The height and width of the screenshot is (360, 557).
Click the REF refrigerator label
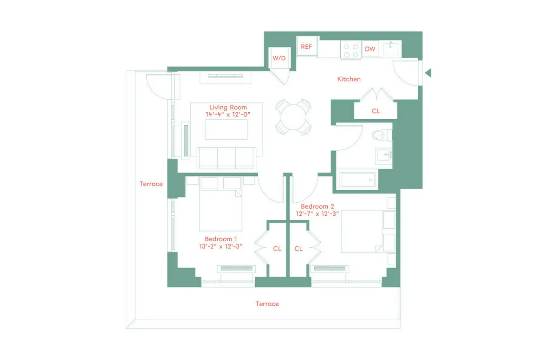point(306,47)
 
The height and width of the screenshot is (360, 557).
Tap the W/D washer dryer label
point(279,58)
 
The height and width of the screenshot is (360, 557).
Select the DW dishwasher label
point(370,49)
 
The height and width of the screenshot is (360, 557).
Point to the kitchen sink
point(391,48)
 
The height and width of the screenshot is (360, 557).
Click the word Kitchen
point(349,79)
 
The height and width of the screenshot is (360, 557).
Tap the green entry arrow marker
point(428,73)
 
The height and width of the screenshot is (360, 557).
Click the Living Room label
point(228,107)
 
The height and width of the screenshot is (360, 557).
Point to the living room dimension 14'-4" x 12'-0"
point(228,114)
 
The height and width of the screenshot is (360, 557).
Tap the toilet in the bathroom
point(382,135)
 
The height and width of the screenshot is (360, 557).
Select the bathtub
point(356,180)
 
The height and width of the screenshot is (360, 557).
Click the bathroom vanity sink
point(384,154)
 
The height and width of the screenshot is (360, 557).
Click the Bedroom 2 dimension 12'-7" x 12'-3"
point(318,214)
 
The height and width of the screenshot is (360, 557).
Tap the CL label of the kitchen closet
point(376,111)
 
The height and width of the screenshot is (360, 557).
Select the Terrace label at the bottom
point(267,304)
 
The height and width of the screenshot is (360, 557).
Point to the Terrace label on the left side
point(151,184)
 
